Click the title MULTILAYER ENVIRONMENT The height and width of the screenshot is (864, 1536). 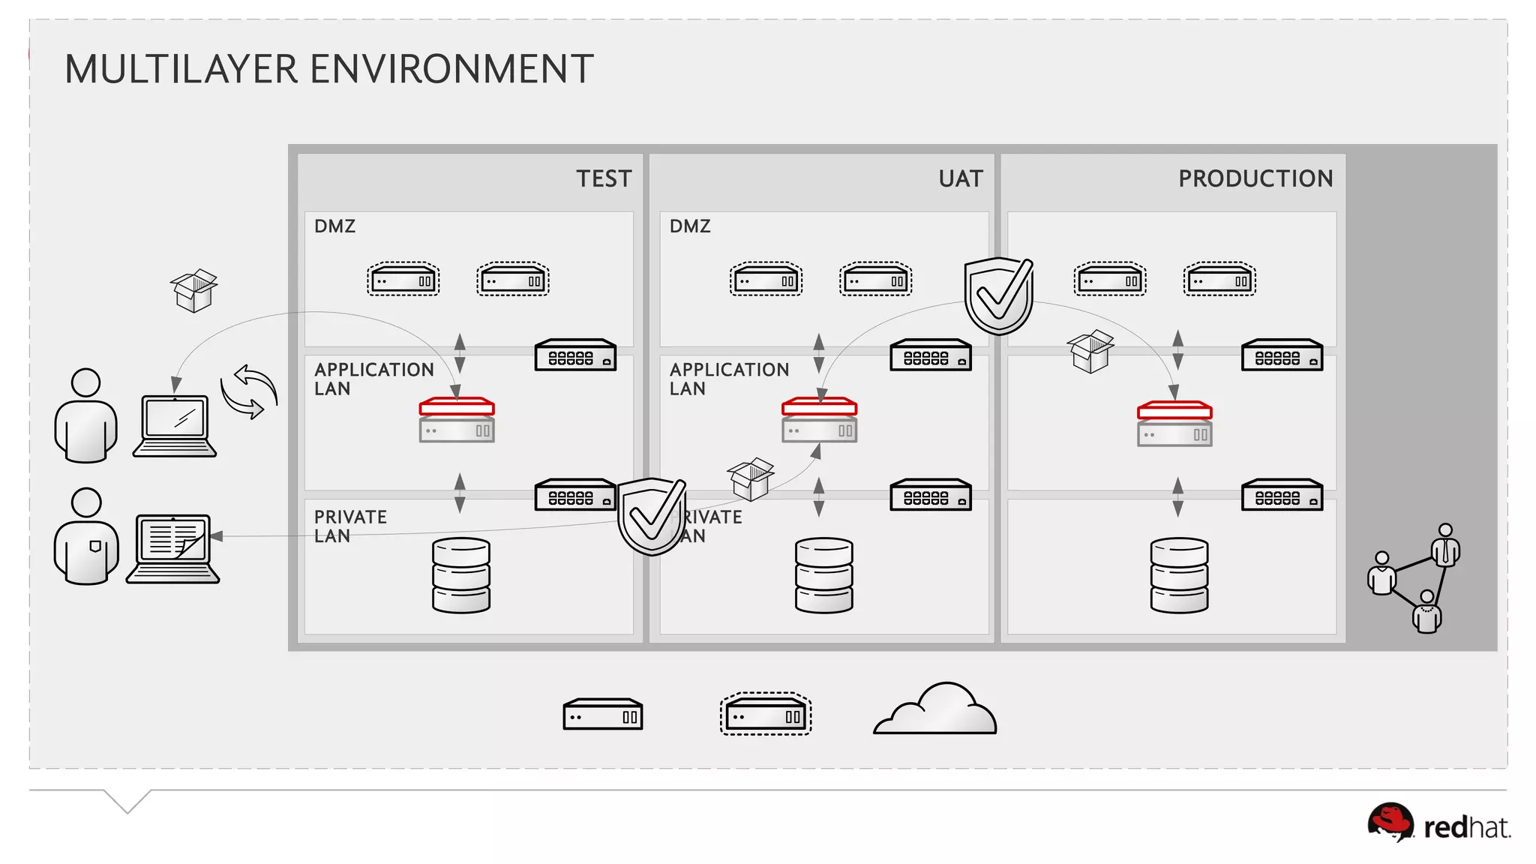pyautogui.click(x=328, y=69)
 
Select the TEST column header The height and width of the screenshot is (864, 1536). pyautogui.click(x=604, y=178)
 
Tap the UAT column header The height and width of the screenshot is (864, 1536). pyautogui.click(x=961, y=178)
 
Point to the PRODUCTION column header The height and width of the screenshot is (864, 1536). pyautogui.click(x=1255, y=178)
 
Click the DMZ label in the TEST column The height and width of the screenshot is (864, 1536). pyautogui.click(x=334, y=226)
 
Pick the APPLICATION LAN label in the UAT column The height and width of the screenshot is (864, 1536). pyautogui.click(x=729, y=379)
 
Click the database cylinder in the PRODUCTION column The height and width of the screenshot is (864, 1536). pyautogui.click(x=1179, y=575)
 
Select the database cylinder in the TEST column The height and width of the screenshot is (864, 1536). pyautogui.click(x=461, y=575)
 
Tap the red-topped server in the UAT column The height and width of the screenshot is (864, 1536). pyautogui.click(x=819, y=420)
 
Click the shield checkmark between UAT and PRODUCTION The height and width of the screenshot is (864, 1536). pyautogui.click(x=999, y=295)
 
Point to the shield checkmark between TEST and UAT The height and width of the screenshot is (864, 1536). pyautogui.click(x=652, y=516)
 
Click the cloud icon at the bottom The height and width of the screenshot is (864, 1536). pyautogui.click(x=936, y=709)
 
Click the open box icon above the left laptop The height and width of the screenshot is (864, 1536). pyautogui.click(x=194, y=290)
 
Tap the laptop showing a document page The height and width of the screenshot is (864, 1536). pyautogui.click(x=173, y=548)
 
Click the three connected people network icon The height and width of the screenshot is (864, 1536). pyautogui.click(x=1414, y=578)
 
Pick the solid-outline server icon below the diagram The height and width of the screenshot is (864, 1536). pyautogui.click(x=602, y=715)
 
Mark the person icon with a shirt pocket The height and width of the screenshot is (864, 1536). pyautogui.click(x=86, y=537)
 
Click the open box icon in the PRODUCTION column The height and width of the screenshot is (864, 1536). pyautogui.click(x=1090, y=351)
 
